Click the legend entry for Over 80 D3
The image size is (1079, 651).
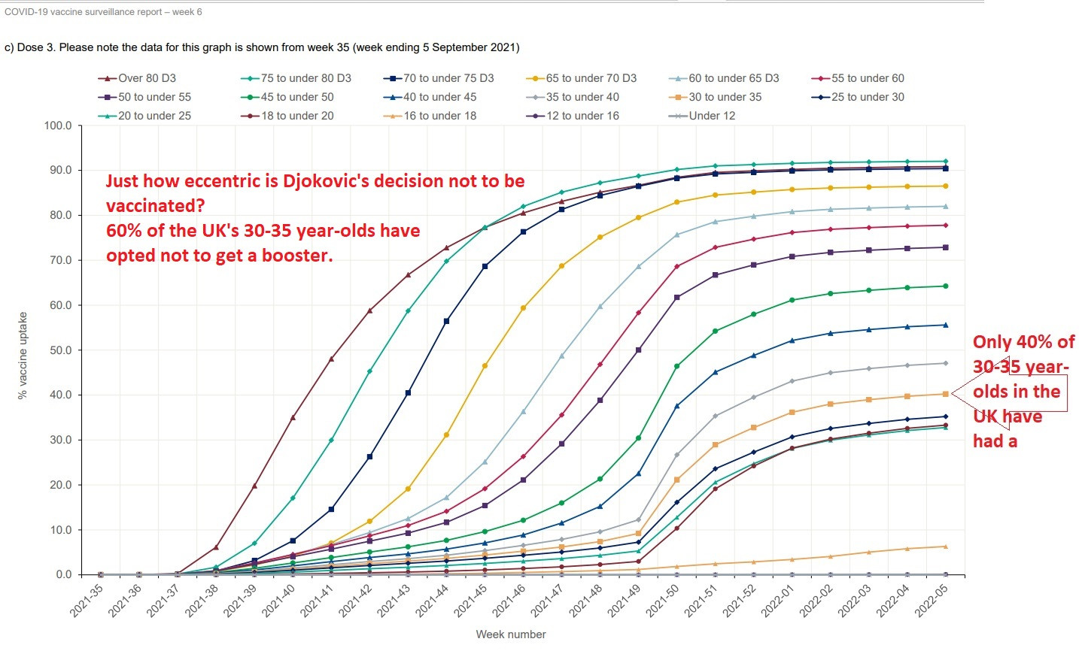(x=147, y=78)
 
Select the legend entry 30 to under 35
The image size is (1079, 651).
(x=725, y=97)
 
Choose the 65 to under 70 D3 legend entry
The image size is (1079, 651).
(x=591, y=78)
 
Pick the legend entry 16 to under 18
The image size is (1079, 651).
(x=439, y=116)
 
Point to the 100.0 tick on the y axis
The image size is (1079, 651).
(x=59, y=126)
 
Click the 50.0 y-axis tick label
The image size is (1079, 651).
(x=59, y=350)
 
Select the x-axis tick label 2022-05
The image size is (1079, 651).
(x=931, y=601)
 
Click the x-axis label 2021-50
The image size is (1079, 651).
(x=663, y=601)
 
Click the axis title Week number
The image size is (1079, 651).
(x=511, y=634)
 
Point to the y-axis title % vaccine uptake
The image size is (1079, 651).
(x=23, y=355)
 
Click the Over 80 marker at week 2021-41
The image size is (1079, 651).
(x=331, y=359)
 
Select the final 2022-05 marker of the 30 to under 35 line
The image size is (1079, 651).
(x=945, y=394)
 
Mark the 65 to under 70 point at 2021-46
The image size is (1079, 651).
(x=523, y=308)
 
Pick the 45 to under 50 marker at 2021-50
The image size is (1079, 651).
(x=676, y=366)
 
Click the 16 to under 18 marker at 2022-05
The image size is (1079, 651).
(x=945, y=547)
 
